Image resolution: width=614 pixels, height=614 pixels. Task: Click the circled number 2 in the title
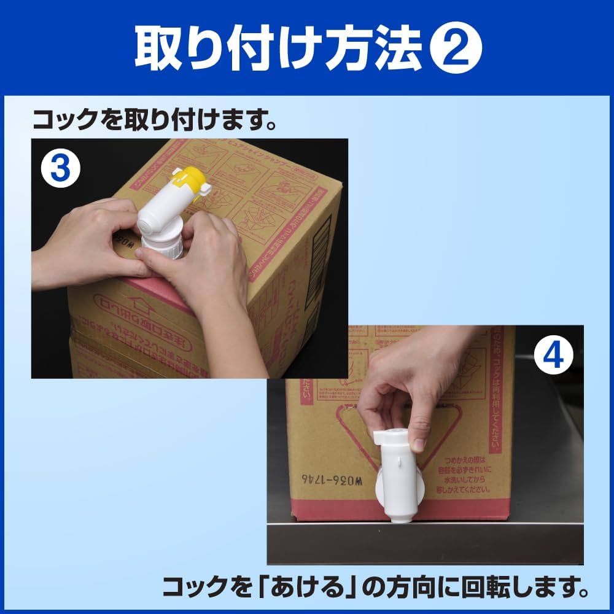pyautogui.click(x=455, y=47)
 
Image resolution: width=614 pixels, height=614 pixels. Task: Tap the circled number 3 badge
pyautogui.click(x=60, y=168)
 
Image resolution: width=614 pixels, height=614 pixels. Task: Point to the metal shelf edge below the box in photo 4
pyautogui.click(x=424, y=528)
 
